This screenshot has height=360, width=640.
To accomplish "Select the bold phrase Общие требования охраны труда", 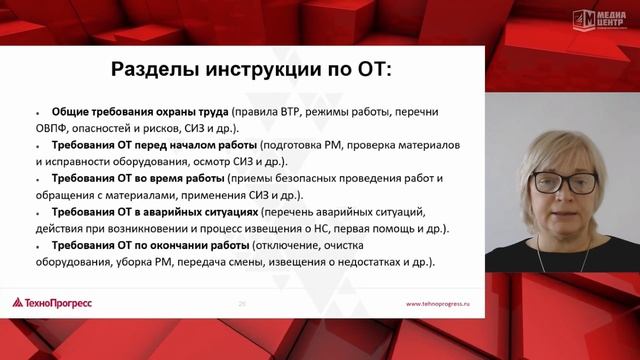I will pyautogui.click(x=140, y=110).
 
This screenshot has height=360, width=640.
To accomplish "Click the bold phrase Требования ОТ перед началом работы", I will pyautogui.click(x=155, y=145).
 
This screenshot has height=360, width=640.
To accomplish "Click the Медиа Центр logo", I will pyautogui.click(x=597, y=17).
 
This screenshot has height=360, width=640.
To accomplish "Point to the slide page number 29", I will pyautogui.click(x=242, y=302).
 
